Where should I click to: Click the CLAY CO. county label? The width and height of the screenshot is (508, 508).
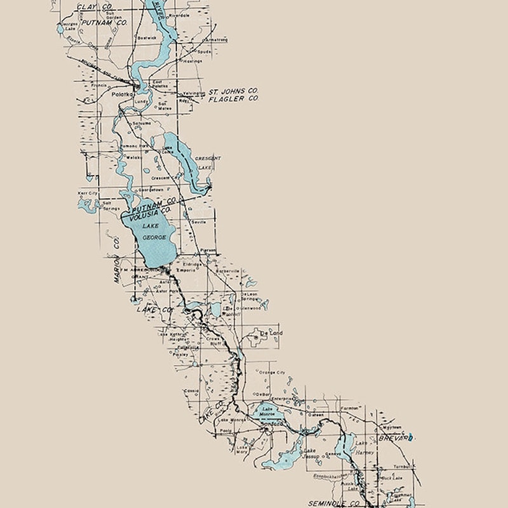tap(95, 7)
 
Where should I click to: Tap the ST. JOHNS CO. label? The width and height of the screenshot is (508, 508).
tap(234, 91)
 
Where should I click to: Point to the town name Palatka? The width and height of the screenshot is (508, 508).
tap(121, 95)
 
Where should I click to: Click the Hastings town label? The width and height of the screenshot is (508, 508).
tap(192, 62)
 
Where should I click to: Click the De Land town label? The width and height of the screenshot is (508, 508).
tap(272, 333)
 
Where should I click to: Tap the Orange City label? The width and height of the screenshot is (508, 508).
tap(272, 373)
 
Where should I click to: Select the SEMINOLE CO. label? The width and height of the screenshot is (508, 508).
tap(334, 503)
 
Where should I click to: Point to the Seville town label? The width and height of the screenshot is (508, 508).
tap(198, 222)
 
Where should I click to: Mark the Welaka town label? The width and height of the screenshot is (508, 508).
tap(134, 157)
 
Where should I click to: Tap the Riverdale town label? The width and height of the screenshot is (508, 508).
tap(179, 15)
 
